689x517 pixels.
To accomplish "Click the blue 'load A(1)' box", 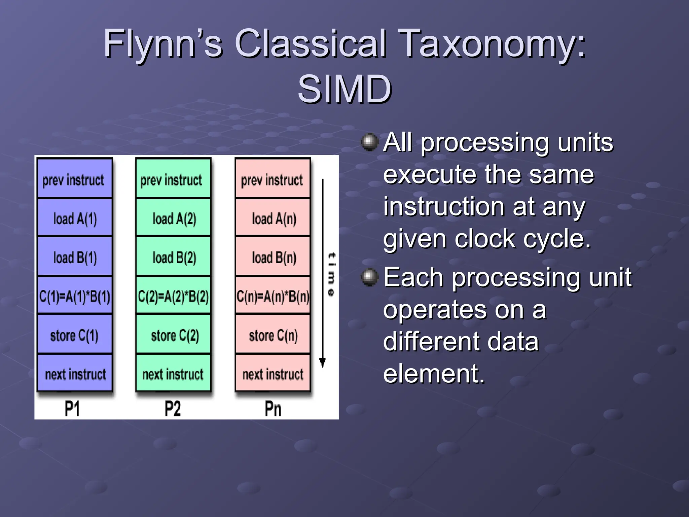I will pos(75,218).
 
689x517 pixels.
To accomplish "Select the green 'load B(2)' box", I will pos(174,257).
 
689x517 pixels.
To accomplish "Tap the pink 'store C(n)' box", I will pos(273,334).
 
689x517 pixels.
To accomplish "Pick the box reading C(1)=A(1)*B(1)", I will pos(75,296).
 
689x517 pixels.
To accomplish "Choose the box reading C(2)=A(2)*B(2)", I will pos(174,296).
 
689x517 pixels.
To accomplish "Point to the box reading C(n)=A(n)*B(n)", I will pos(273,296).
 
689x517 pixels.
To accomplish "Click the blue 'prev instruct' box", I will pos(75,179).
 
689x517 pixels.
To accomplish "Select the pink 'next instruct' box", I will pos(273,373).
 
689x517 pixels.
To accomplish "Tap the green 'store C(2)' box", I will pos(174,334).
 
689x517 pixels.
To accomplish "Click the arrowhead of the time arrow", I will pos(322,363).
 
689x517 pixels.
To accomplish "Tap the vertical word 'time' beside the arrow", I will pos(331,274).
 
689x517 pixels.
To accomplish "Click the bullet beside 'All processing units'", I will pos(370,142).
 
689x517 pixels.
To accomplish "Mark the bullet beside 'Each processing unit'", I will pos(370,277).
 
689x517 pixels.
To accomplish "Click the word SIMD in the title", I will pos(344,89).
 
